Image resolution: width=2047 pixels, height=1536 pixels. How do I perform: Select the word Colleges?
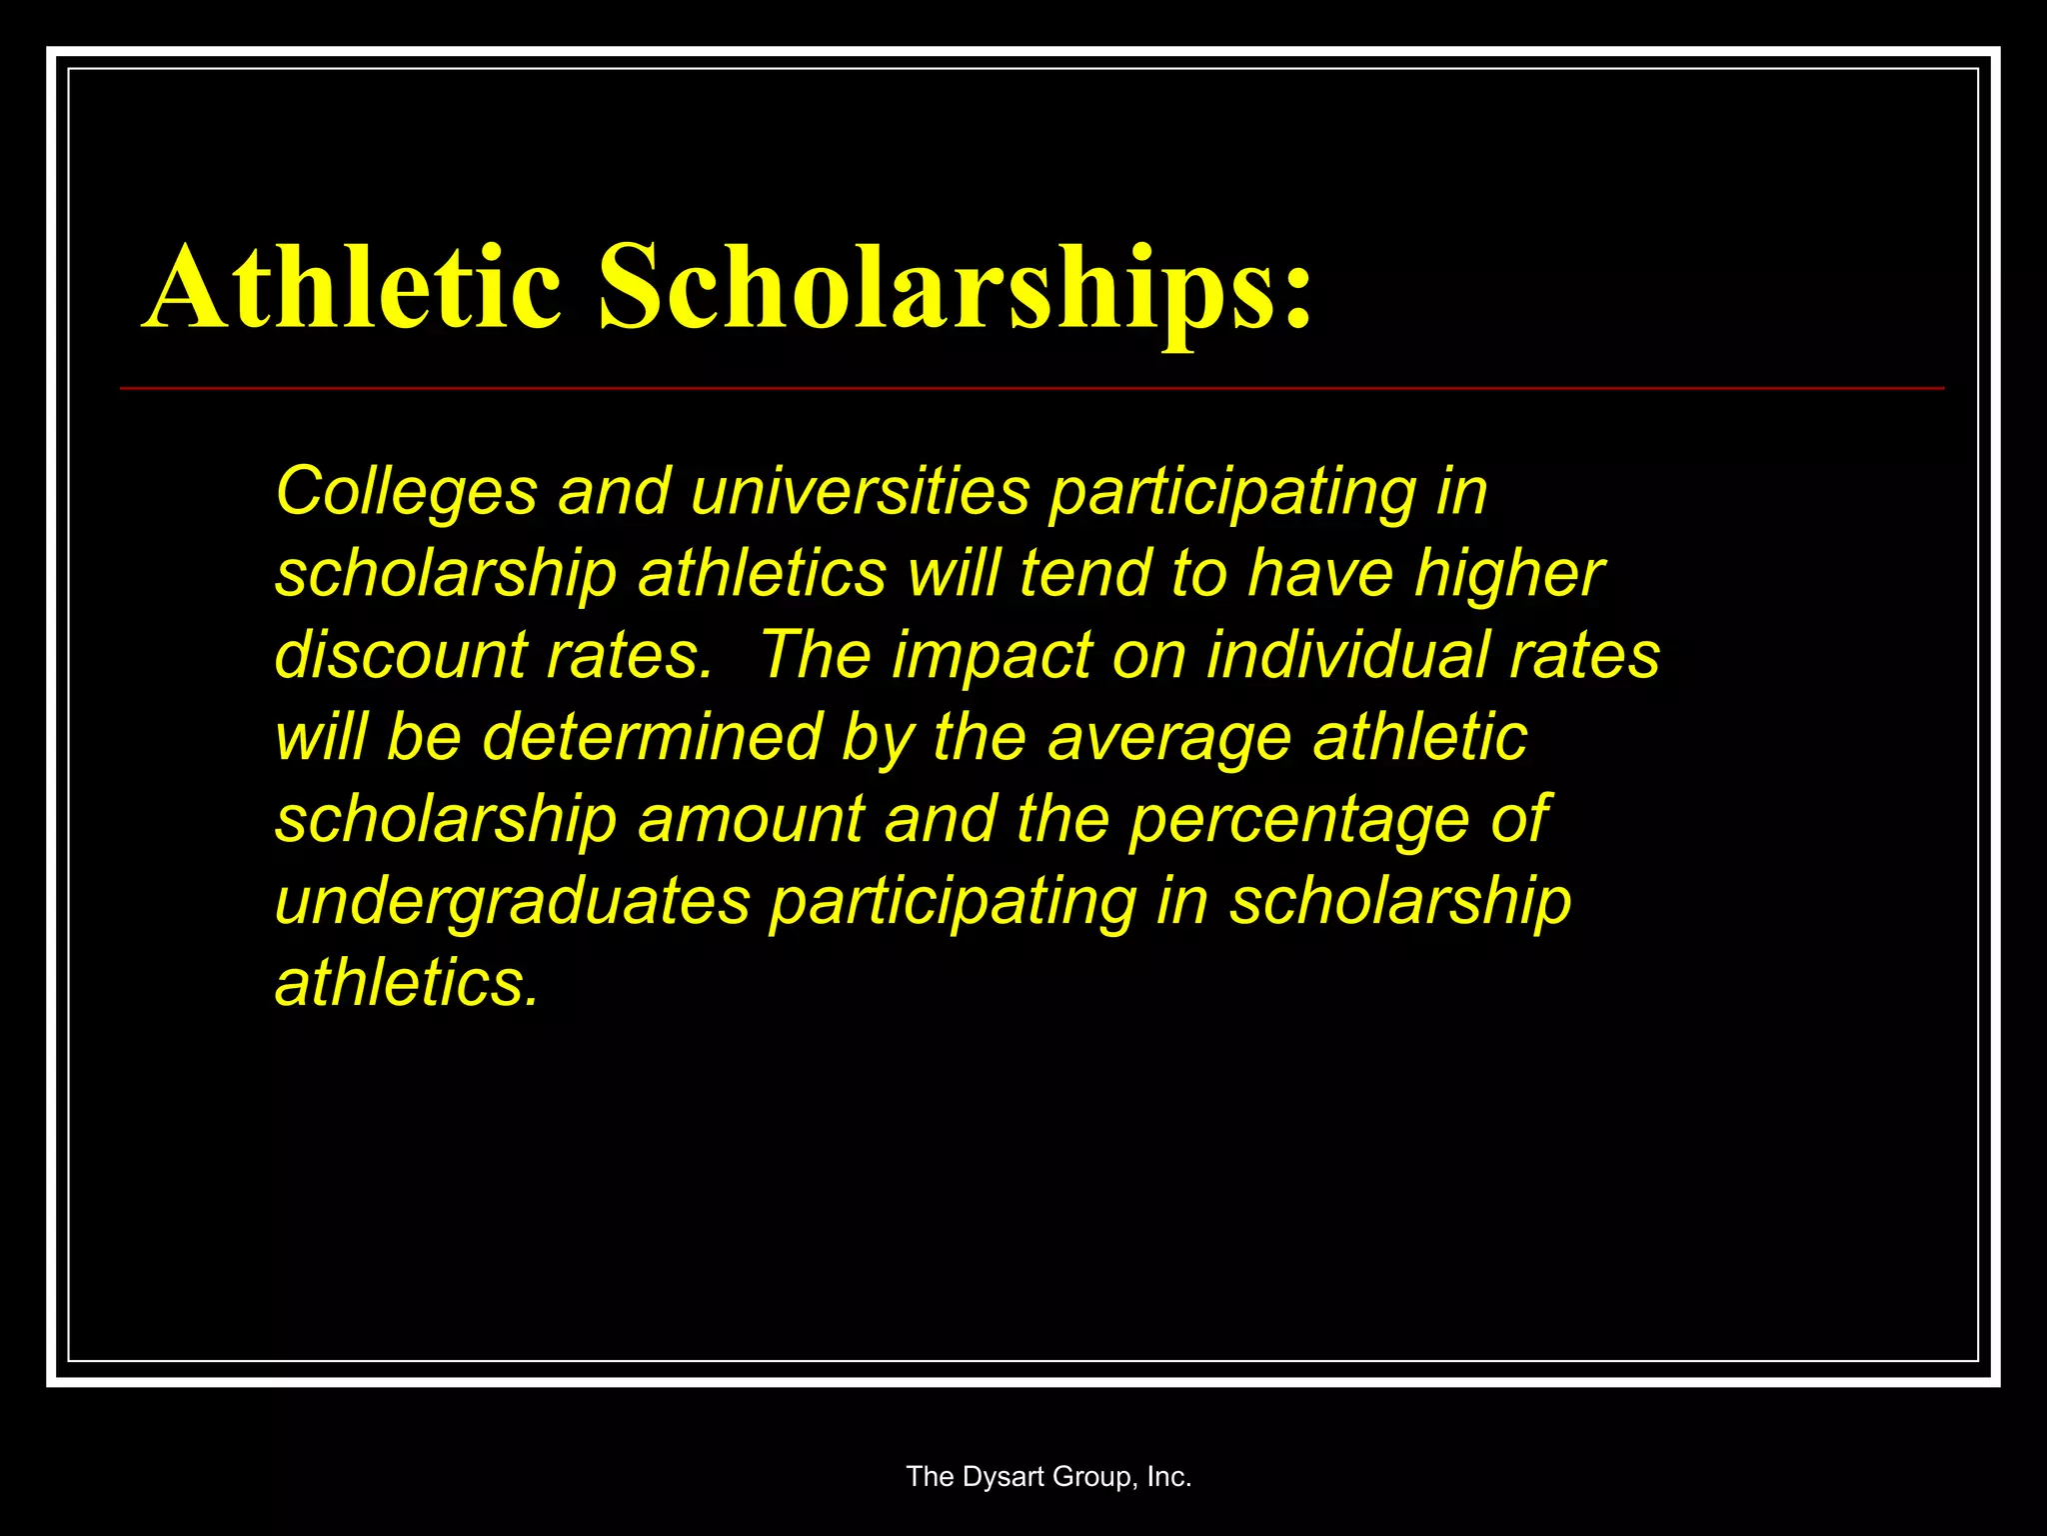(x=406, y=493)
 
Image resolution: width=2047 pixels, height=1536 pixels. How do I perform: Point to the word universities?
(x=860, y=493)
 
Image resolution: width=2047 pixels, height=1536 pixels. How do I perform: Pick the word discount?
(x=400, y=656)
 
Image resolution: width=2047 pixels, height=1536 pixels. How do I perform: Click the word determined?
(x=654, y=738)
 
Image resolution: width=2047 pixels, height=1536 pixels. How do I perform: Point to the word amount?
(x=750, y=820)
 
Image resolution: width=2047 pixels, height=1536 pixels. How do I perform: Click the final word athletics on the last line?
(x=406, y=983)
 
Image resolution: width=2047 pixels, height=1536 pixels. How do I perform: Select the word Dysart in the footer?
(x=1004, y=1477)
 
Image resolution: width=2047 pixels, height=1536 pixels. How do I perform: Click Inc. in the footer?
(x=1168, y=1477)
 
